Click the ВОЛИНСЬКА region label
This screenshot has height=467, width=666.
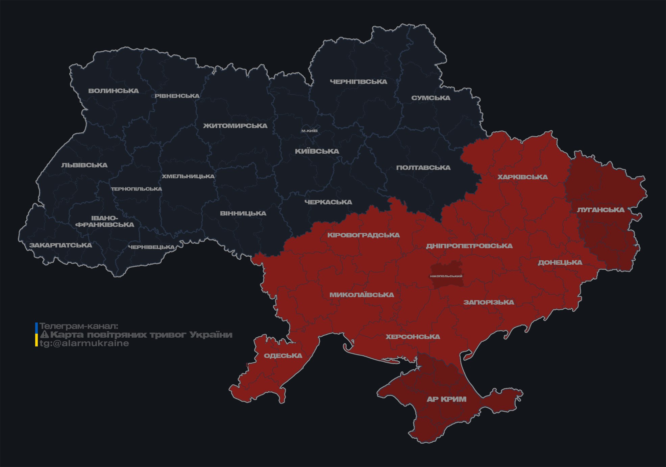pyautogui.click(x=114, y=91)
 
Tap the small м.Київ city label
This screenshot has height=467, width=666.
pyautogui.click(x=309, y=131)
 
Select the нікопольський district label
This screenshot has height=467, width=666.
pyautogui.click(x=446, y=276)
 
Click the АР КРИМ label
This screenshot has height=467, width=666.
pyautogui.click(x=446, y=399)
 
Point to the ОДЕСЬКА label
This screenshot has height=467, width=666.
pyautogui.click(x=283, y=356)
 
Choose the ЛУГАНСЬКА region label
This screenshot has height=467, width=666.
pyautogui.click(x=600, y=210)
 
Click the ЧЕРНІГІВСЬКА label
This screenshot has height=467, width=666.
pyautogui.click(x=358, y=82)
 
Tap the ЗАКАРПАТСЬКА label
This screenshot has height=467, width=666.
pyautogui.click(x=60, y=245)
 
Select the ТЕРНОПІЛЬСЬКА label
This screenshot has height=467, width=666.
pyautogui.click(x=137, y=189)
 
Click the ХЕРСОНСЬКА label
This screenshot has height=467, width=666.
pyautogui.click(x=413, y=337)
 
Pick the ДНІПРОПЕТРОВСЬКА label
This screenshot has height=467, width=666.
pyautogui.click(x=469, y=246)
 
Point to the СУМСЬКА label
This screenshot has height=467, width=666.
pyautogui.click(x=430, y=98)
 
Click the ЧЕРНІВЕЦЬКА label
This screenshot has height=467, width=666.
pyautogui.click(x=151, y=247)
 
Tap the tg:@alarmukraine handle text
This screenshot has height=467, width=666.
pyautogui.click(x=84, y=343)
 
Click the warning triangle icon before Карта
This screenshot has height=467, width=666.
pyautogui.click(x=45, y=335)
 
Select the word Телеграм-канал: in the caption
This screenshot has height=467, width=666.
pyautogui.click(x=79, y=326)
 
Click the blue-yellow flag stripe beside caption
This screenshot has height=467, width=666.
pyautogui.click(x=36, y=334)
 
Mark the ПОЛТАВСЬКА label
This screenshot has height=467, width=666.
pyautogui.click(x=423, y=168)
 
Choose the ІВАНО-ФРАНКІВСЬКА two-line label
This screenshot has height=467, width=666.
pyautogui.click(x=105, y=222)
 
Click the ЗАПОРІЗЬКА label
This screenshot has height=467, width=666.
pyautogui.click(x=489, y=302)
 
